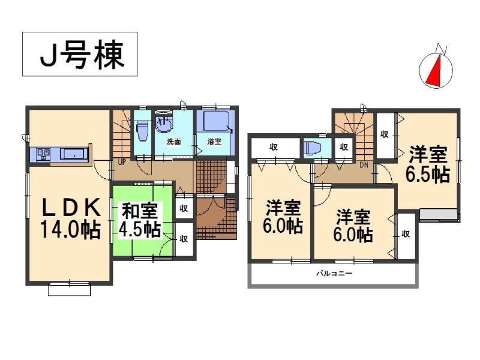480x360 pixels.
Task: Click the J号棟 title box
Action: click(x=80, y=55)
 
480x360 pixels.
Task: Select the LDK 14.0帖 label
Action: click(x=70, y=219)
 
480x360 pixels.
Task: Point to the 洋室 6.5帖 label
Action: click(x=428, y=164)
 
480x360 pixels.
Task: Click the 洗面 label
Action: click(x=173, y=142)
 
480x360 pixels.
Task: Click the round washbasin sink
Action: click(x=163, y=125)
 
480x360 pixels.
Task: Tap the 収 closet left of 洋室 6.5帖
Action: click(x=384, y=134)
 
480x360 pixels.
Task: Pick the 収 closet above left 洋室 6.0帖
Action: click(x=274, y=146)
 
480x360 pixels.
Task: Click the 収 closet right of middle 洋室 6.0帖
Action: click(x=406, y=234)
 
